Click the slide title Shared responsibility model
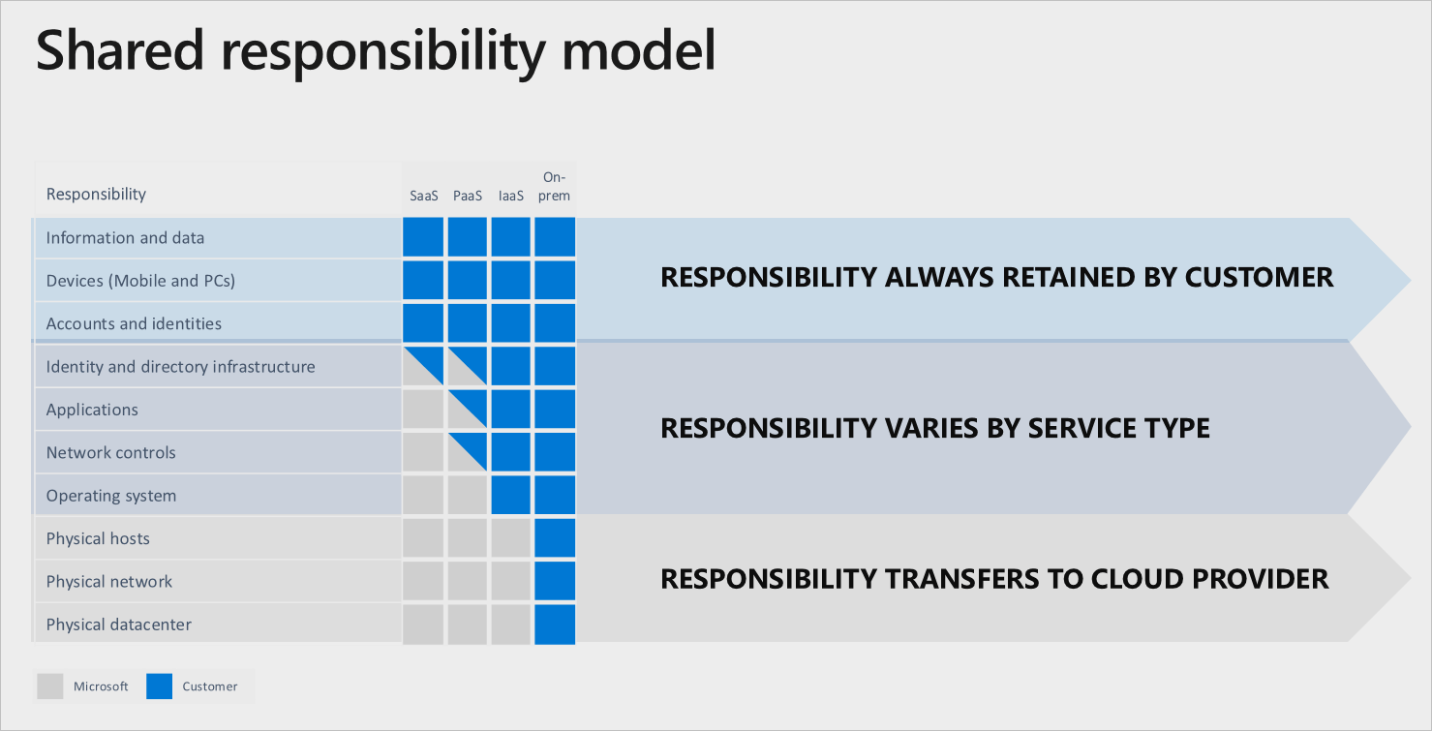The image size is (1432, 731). click(x=376, y=51)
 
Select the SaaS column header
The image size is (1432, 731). click(x=423, y=196)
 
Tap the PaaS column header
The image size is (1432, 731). click(x=468, y=196)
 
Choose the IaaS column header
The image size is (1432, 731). click(x=511, y=196)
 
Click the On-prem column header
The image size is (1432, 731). click(x=555, y=187)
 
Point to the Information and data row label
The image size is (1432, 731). click(x=125, y=238)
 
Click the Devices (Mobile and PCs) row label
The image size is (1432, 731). click(x=140, y=281)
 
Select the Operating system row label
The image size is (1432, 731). click(x=111, y=496)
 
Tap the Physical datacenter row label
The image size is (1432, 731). click(x=119, y=624)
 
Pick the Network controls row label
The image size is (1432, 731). click(x=111, y=453)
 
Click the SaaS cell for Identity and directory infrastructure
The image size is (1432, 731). click(x=423, y=367)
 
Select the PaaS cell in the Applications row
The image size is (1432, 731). click(x=468, y=410)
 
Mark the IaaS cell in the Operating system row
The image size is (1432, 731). click(x=511, y=495)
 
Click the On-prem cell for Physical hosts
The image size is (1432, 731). click(x=555, y=538)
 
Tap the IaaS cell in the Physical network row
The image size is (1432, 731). click(x=511, y=581)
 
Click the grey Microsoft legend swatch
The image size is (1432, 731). click(x=49, y=686)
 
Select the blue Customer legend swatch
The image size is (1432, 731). click(x=159, y=686)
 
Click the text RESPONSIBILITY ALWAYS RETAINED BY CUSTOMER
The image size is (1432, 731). click(x=996, y=278)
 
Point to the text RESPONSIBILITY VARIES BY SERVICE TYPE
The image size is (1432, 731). click(x=934, y=428)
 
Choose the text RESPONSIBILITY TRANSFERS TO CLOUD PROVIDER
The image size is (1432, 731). click(x=994, y=579)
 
